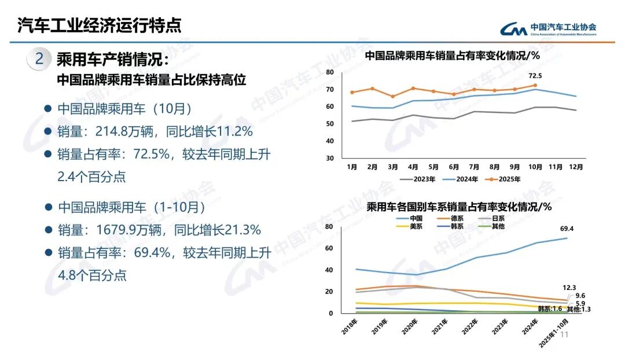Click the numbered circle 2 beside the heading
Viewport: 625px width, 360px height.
pyautogui.click(x=40, y=59)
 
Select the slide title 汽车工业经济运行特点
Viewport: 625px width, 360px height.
pyautogui.click(x=100, y=25)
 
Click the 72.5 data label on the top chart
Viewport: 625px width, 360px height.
pyautogui.click(x=535, y=76)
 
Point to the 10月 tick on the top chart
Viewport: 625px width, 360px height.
pyautogui.click(x=535, y=167)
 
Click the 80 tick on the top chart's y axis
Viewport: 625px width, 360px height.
pyautogui.click(x=330, y=72)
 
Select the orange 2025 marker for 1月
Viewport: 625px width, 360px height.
pyautogui.click(x=352, y=93)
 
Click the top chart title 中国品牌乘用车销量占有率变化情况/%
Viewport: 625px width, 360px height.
pyautogui.click(x=452, y=56)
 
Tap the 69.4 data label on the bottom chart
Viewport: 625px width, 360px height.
pyautogui.click(x=567, y=229)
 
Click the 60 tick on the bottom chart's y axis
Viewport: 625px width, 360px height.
pyautogui.click(x=330, y=248)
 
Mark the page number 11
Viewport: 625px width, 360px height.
pyautogui.click(x=565, y=335)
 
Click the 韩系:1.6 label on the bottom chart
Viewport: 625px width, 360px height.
pyautogui.click(x=550, y=309)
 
